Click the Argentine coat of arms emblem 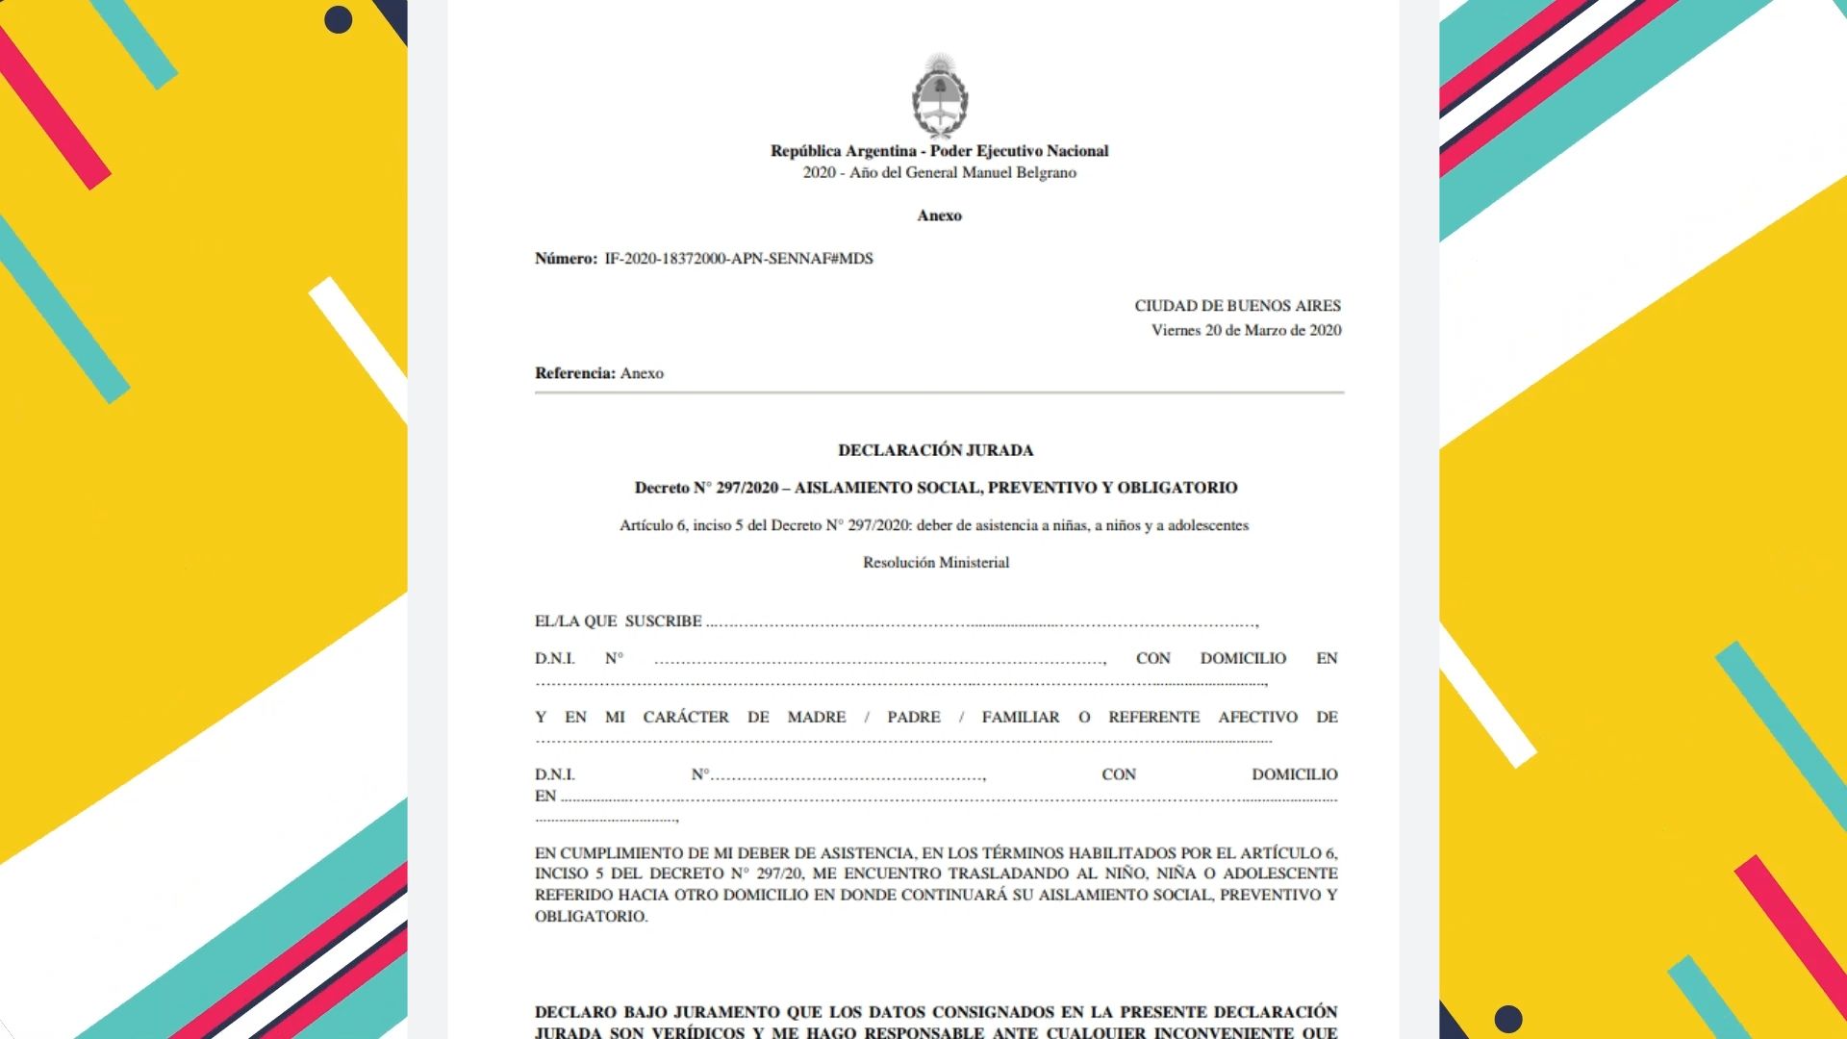pyautogui.click(x=939, y=97)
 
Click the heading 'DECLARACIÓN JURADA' pyautogui.click(x=935, y=450)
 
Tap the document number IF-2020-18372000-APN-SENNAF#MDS pyautogui.click(x=738, y=259)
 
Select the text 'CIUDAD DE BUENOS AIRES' pyautogui.click(x=1237, y=306)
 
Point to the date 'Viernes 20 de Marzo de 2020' pyautogui.click(x=1246, y=330)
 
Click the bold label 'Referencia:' pyautogui.click(x=574, y=373)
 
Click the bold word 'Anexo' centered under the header pyautogui.click(x=939, y=215)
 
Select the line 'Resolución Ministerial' pyautogui.click(x=935, y=563)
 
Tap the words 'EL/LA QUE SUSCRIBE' pyautogui.click(x=618, y=621)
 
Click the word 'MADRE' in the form pyautogui.click(x=816, y=718)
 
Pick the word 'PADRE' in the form pyautogui.click(x=913, y=718)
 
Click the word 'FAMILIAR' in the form pyautogui.click(x=1020, y=718)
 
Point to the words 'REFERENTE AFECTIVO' pyautogui.click(x=1202, y=718)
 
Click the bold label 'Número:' pyautogui.click(x=566, y=259)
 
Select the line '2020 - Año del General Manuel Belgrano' pyautogui.click(x=939, y=173)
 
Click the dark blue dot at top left pyautogui.click(x=338, y=20)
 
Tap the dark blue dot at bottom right pyautogui.click(x=1507, y=1019)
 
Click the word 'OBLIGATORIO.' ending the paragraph pyautogui.click(x=591, y=917)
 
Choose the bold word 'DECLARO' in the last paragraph pyautogui.click(x=574, y=1012)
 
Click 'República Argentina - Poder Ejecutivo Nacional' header pyautogui.click(x=939, y=151)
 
